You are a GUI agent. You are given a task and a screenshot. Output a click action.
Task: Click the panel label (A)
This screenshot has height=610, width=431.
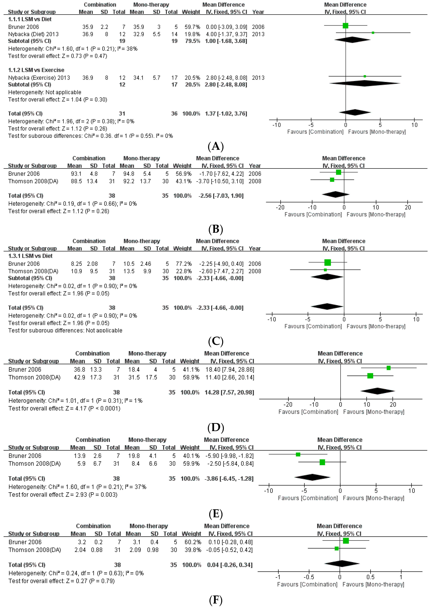click(x=216, y=146)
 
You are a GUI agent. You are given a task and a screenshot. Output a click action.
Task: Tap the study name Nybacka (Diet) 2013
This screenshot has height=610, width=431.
click(x=34, y=34)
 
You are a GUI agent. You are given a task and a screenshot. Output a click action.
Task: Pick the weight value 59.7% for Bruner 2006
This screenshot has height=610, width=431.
click(x=192, y=27)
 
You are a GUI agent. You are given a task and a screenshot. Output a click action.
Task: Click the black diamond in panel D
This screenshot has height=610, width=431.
click(x=377, y=391)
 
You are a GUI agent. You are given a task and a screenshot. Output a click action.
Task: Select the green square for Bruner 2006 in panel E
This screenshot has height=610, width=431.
click(x=298, y=455)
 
